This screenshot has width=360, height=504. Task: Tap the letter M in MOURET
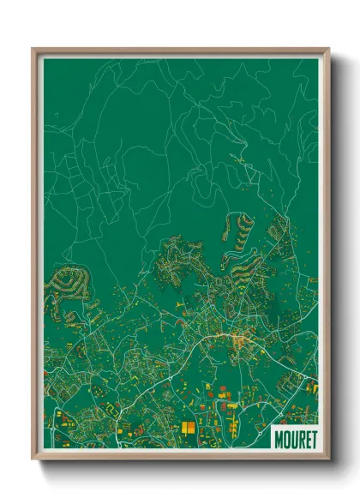(x=279, y=436)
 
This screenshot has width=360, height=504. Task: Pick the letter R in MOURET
(x=300, y=436)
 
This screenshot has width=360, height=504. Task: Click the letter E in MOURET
(x=306, y=436)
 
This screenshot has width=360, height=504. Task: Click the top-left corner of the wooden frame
(x=33, y=49)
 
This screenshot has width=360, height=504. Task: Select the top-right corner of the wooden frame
(x=328, y=49)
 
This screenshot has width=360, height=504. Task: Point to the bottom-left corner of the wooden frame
(x=33, y=459)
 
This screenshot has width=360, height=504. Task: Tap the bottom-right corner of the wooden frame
(x=328, y=459)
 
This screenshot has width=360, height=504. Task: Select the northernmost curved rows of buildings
(x=241, y=227)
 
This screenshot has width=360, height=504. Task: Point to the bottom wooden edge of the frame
(x=180, y=455)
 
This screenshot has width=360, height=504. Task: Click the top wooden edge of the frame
(x=180, y=51)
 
